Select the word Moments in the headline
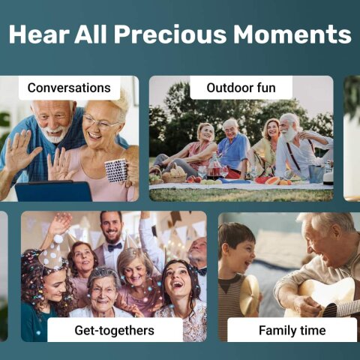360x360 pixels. click(292, 34)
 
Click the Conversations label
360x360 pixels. click(69, 88)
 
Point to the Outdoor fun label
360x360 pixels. click(241, 88)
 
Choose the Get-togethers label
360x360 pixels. click(114, 330)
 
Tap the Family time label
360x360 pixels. click(292, 330)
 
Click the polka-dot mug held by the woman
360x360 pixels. click(115, 169)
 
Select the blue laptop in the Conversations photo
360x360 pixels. click(53, 191)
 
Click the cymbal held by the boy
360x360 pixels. click(249, 292)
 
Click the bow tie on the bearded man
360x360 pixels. click(114, 247)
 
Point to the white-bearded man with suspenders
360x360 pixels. click(293, 146)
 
